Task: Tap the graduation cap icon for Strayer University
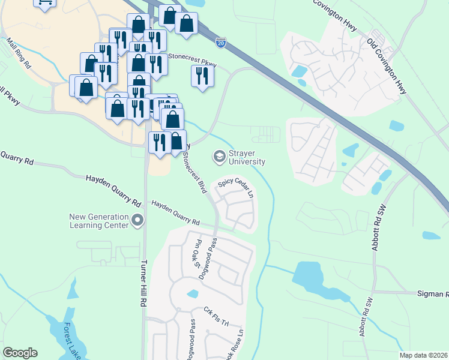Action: click(x=219, y=157)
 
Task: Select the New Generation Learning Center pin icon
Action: click(x=137, y=221)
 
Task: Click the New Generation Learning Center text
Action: click(x=99, y=221)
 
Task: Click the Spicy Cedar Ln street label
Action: click(x=237, y=189)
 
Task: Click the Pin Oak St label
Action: click(x=197, y=257)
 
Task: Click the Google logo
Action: click(x=20, y=353)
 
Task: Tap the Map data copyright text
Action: click(x=423, y=355)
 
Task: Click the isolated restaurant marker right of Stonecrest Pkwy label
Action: click(x=202, y=76)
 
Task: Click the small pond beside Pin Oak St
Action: click(x=192, y=293)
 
